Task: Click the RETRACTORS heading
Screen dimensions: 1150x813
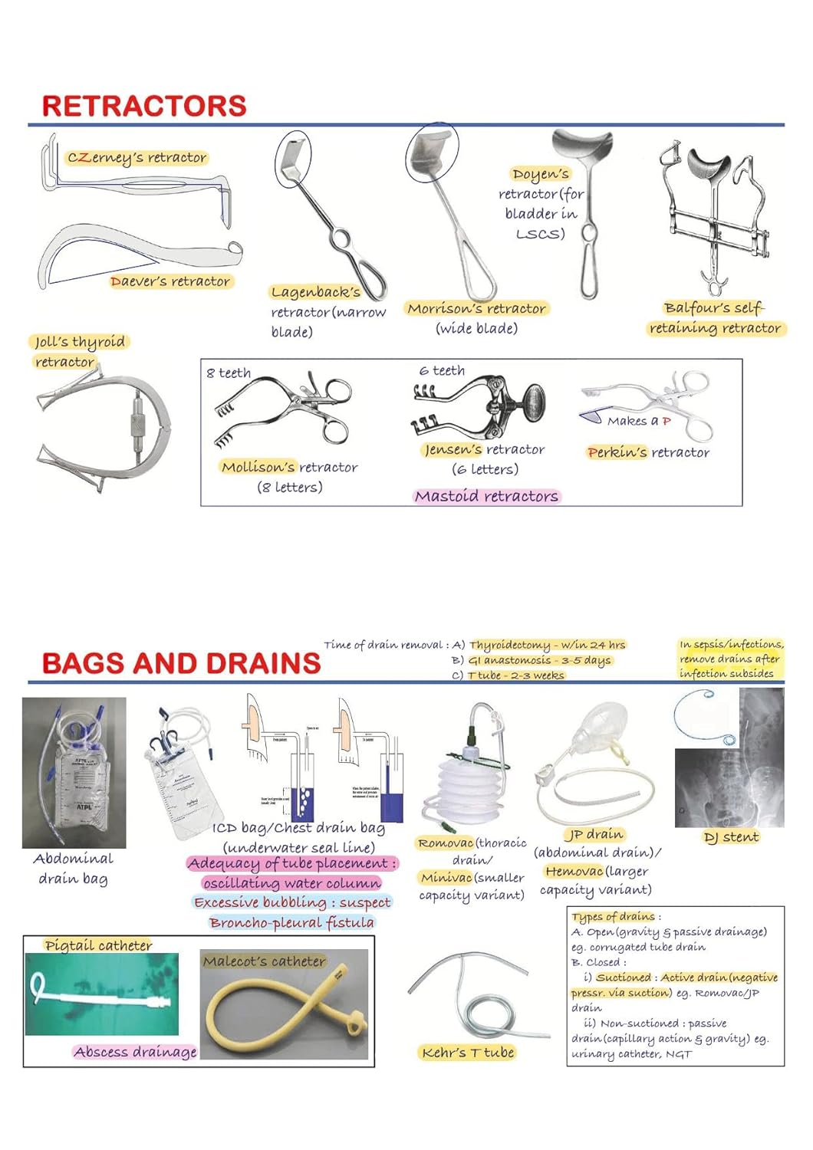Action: click(x=144, y=106)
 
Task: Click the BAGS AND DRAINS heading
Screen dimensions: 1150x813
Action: click(x=181, y=663)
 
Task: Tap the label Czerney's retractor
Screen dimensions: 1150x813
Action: click(x=137, y=158)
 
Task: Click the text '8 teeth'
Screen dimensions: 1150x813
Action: click(x=229, y=373)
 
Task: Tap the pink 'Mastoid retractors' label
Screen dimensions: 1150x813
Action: click(x=486, y=496)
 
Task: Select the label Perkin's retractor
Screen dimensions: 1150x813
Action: click(x=648, y=452)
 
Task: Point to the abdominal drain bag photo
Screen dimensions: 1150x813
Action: click(x=74, y=772)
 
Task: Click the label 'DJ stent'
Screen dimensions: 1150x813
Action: click(x=731, y=837)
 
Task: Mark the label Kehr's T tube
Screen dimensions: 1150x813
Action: click(x=468, y=1053)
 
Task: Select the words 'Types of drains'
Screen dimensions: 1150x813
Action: click(x=614, y=917)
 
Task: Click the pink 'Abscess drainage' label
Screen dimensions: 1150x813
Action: click(x=135, y=1052)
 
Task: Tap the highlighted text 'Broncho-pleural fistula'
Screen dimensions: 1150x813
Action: click(x=291, y=922)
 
